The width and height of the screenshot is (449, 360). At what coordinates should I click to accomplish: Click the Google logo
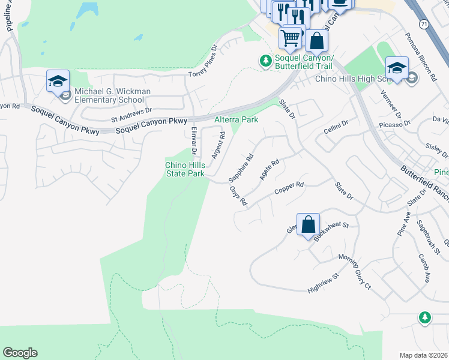coord(20,353)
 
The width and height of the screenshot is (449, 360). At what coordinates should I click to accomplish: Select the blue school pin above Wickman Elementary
coord(58,82)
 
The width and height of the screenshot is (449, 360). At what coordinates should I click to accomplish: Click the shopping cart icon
coord(291,38)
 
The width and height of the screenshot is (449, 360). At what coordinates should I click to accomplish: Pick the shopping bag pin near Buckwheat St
coord(308,226)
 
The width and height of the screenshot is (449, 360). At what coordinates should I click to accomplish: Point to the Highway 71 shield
coord(423,24)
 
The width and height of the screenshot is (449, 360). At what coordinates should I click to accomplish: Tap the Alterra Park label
coord(237,120)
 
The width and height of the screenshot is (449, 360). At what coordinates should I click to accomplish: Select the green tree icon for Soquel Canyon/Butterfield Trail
coord(264,61)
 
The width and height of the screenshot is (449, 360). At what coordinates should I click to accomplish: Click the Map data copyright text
coord(424,355)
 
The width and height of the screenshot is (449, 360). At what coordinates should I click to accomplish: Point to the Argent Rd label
coord(217,146)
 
